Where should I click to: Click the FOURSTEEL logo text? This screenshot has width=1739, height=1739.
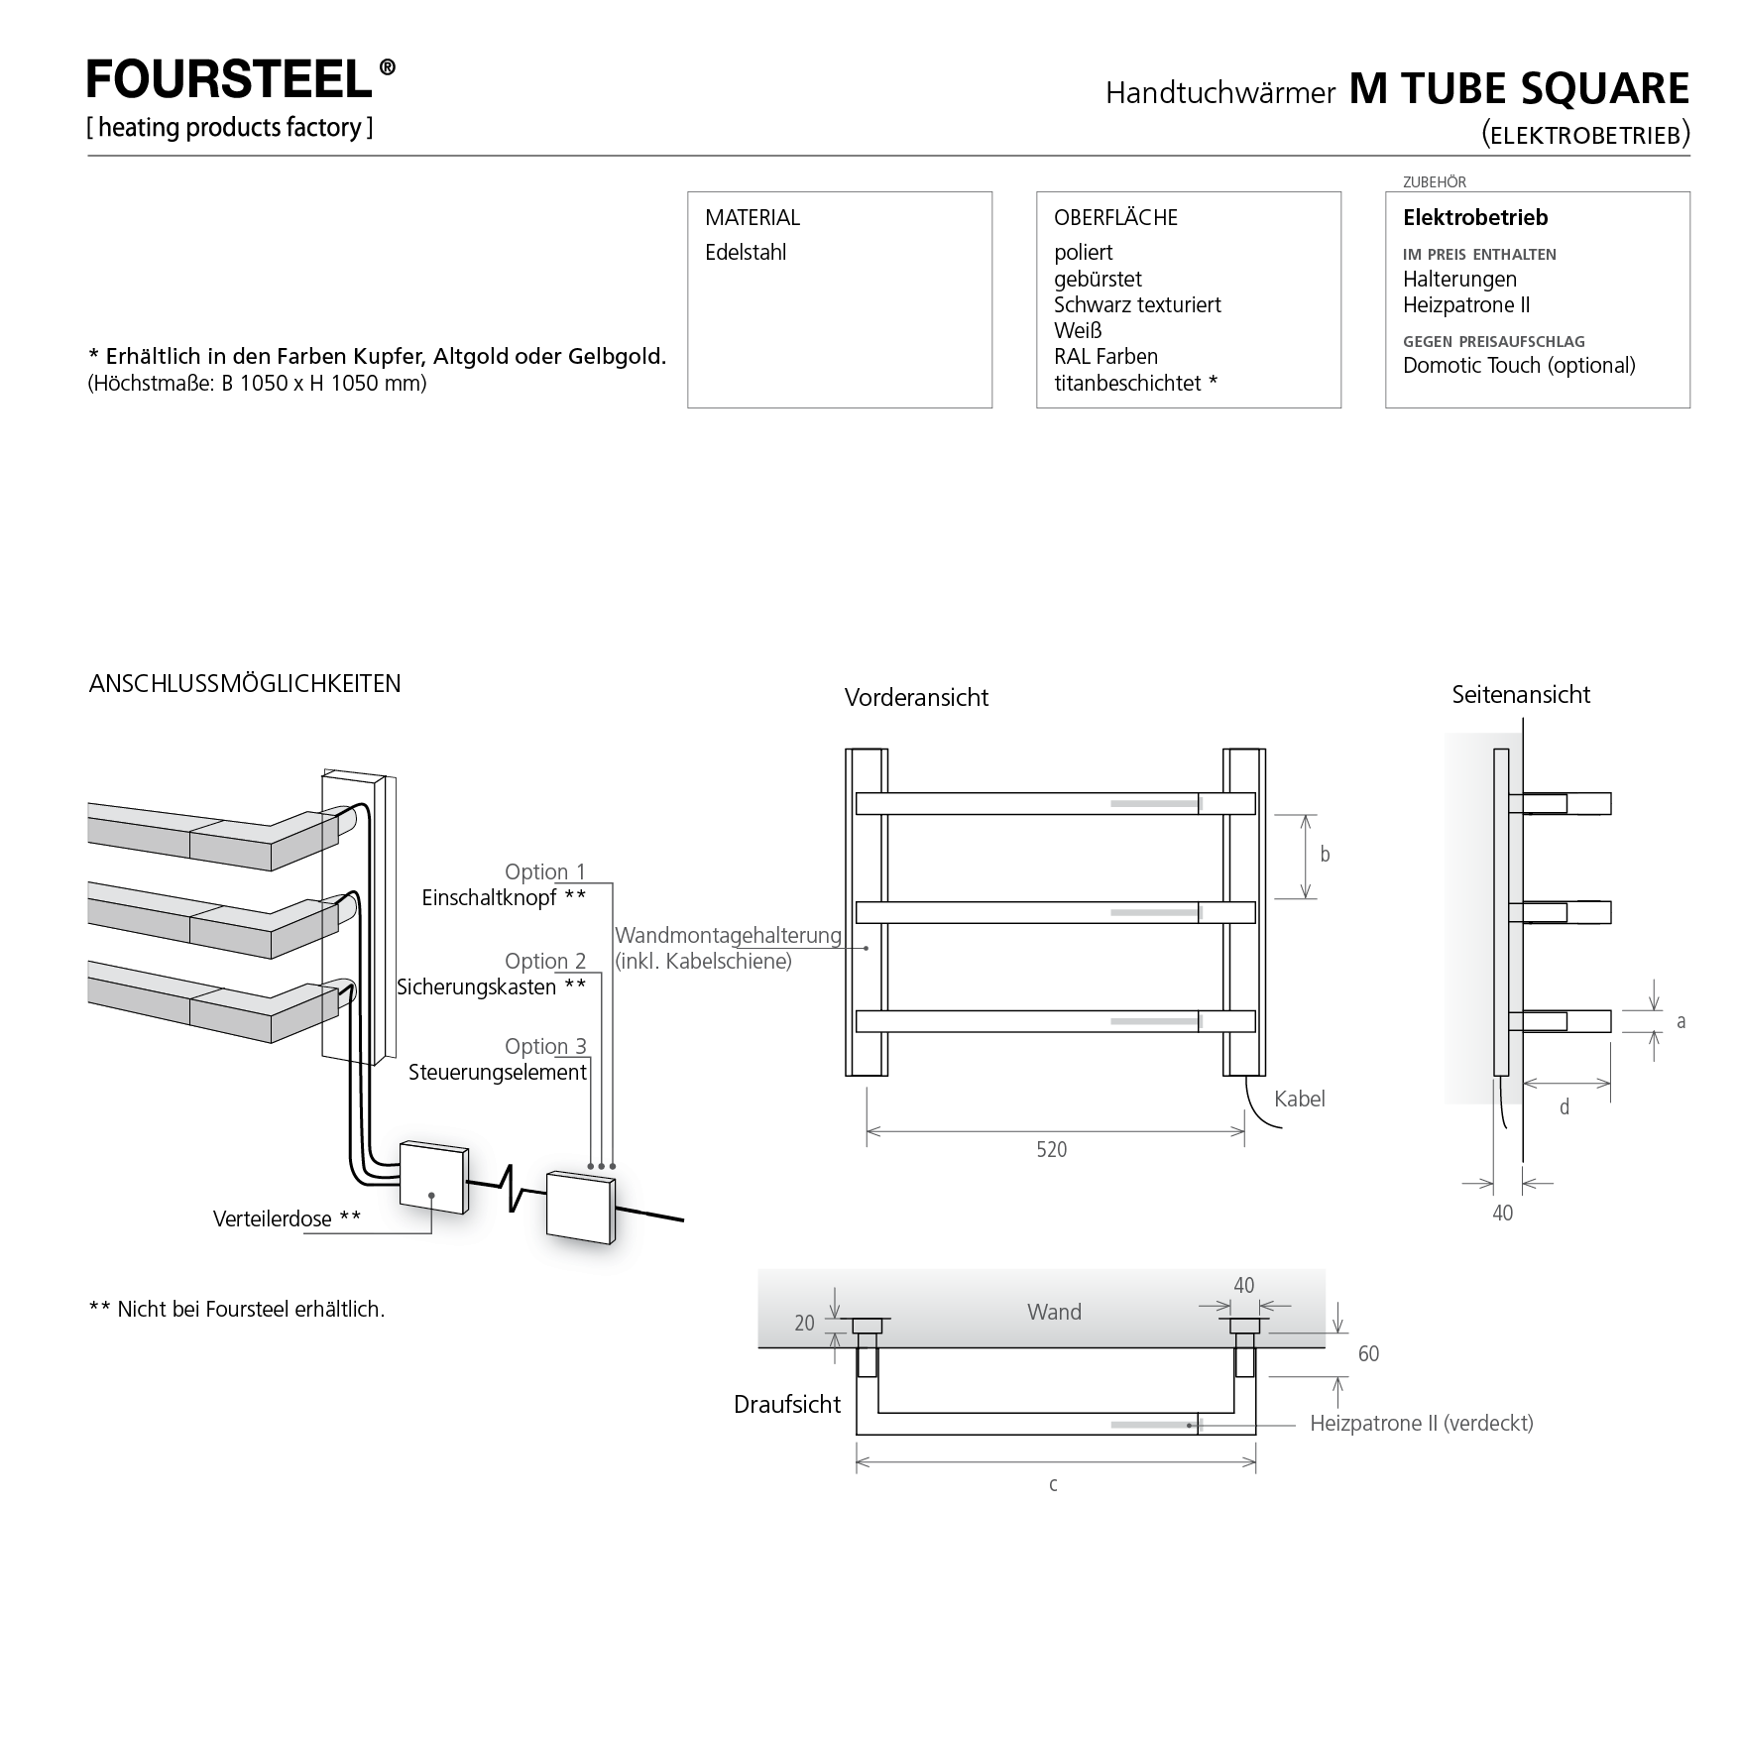point(230,79)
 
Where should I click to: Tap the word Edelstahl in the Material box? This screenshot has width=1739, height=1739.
point(746,253)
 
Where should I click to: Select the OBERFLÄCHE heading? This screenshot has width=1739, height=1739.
point(1115,218)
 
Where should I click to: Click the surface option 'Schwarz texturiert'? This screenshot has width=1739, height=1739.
point(1137,305)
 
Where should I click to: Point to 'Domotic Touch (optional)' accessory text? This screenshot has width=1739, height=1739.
point(1519,366)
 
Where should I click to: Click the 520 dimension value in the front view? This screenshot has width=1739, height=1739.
point(1052,1150)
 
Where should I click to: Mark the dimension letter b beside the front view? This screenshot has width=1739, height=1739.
point(1326,855)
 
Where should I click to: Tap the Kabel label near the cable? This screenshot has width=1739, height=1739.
point(1299,1099)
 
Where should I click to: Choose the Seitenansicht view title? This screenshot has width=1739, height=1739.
point(1521,695)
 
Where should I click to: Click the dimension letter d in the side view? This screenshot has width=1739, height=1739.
point(1565,1107)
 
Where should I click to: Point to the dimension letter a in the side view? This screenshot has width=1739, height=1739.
point(1681,1021)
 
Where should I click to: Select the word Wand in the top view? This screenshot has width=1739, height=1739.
point(1054,1313)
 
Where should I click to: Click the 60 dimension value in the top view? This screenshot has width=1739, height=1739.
point(1368,1354)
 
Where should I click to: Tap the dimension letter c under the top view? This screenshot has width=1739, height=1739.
point(1053,1484)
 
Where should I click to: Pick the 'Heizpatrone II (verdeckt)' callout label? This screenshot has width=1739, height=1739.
point(1422,1424)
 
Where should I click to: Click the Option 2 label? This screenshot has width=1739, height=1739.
point(545,961)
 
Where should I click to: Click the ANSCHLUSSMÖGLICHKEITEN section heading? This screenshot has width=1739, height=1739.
point(245,684)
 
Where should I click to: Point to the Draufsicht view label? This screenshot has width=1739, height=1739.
point(787,1405)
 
